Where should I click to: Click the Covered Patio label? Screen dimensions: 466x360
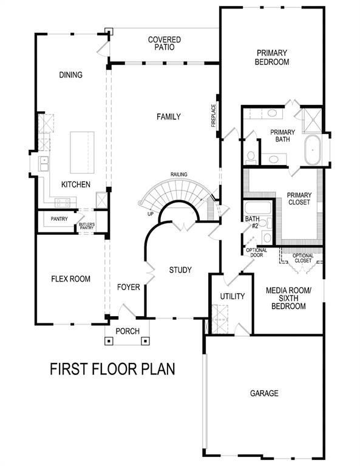165,44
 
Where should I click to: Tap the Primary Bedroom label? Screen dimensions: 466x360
271,57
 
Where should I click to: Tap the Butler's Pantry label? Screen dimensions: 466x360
86,226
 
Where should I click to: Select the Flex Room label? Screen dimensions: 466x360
70,279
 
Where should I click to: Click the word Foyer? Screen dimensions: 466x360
129,287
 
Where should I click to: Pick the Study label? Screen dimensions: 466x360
180,270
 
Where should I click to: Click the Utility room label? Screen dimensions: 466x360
232,297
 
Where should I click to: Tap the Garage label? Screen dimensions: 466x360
264,394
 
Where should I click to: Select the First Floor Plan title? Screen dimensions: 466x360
112,368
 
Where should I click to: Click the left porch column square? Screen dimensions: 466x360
109,340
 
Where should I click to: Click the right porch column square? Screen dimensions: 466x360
145,340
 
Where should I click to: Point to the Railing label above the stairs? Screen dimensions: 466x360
178,175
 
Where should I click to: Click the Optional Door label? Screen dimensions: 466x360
254,252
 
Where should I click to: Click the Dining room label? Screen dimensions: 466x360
71,75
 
